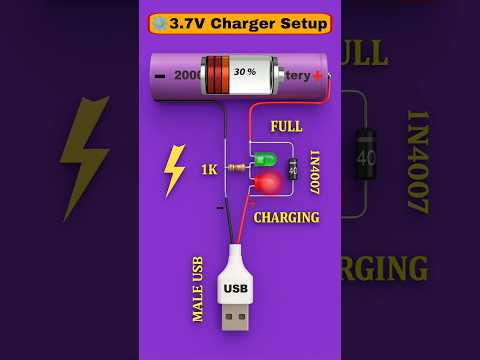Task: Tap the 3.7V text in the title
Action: tap(190, 23)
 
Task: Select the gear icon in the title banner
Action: tap(159, 23)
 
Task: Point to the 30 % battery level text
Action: tap(244, 73)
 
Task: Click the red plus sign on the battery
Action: tap(317, 75)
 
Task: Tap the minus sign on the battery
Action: tap(160, 76)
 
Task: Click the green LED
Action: tap(264, 159)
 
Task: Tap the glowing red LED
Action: tap(267, 182)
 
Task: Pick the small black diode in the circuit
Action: tap(293, 170)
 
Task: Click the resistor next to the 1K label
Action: tap(236, 169)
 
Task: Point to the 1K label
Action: tap(209, 170)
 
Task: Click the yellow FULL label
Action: tap(286, 127)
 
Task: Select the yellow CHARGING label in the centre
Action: tap(286, 217)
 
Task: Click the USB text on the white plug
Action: tap(235, 289)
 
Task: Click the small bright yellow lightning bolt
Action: tap(174, 169)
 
